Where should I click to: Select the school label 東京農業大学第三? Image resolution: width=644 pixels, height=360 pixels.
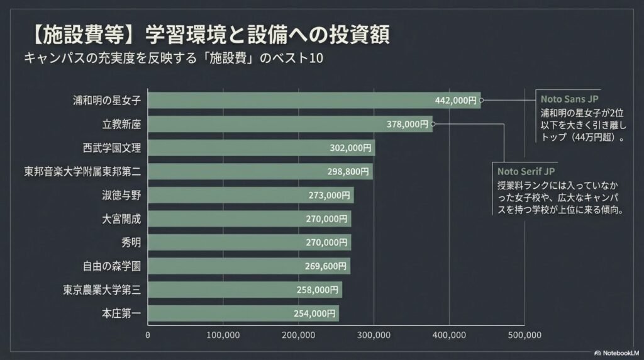(x=101, y=290)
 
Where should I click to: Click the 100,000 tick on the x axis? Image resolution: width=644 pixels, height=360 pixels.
(x=223, y=335)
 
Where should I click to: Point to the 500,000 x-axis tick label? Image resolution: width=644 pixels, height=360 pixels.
(x=524, y=335)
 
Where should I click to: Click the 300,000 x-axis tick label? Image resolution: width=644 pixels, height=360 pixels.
(x=374, y=335)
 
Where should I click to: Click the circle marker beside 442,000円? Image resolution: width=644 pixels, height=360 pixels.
(x=487, y=100)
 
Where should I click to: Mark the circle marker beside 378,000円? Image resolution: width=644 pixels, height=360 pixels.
(x=433, y=124)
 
